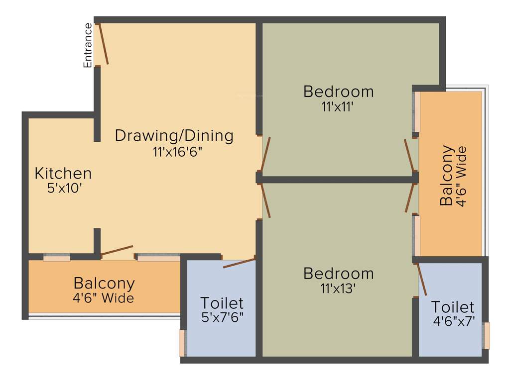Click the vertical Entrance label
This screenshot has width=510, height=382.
click(88, 45)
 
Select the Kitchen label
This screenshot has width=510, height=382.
click(63, 174)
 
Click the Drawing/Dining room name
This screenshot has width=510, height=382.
click(174, 135)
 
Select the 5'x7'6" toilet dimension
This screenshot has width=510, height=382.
click(222, 316)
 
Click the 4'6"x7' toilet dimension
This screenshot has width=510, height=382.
click(452, 321)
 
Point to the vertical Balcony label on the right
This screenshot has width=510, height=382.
click(447, 175)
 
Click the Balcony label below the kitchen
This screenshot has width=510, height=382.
click(104, 284)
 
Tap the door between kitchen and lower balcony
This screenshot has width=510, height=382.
click(117, 250)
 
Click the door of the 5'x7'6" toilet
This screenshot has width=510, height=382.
click(240, 262)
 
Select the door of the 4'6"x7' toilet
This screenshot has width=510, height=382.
click(421, 280)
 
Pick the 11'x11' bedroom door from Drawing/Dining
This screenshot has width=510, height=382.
click(265, 154)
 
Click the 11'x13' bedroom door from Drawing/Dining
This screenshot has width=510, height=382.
click(265, 200)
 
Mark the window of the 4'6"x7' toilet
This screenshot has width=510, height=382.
click(487, 336)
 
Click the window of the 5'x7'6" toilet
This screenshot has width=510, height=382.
click(182, 343)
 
